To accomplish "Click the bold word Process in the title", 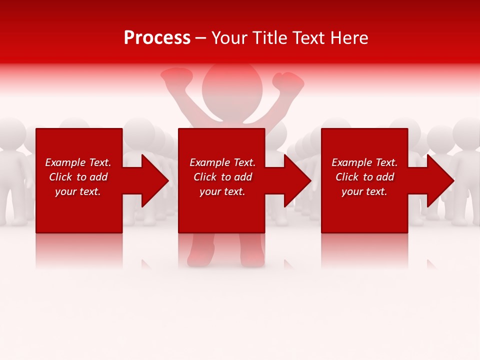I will click(157, 38).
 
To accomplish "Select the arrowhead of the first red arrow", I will click(154, 180).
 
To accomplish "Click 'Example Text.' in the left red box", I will click(78, 162).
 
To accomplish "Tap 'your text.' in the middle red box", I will click(222, 191).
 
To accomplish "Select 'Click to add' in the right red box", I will click(364, 177).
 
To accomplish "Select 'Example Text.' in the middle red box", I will click(222, 162).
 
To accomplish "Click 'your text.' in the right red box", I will click(364, 191).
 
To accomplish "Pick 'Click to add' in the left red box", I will click(78, 177).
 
